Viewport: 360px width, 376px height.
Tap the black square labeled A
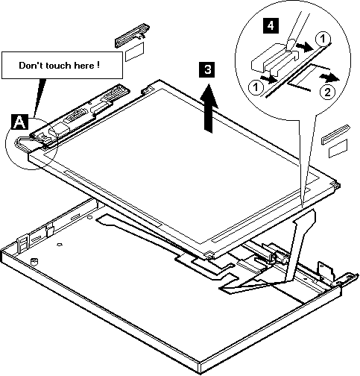[x=20, y=122]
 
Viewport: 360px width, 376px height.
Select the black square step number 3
[x=207, y=69]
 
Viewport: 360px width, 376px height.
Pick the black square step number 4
[x=271, y=25]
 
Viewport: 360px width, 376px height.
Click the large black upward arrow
[x=209, y=107]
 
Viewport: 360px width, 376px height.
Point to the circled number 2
[x=328, y=93]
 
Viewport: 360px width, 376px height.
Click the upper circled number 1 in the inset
[x=323, y=39]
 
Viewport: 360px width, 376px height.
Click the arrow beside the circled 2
[x=329, y=78]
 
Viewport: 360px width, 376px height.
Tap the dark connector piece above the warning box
[x=132, y=35]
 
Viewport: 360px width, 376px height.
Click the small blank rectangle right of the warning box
[x=134, y=51]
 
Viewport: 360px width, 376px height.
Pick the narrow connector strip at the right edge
[x=335, y=134]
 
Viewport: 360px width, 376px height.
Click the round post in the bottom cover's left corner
[x=34, y=261]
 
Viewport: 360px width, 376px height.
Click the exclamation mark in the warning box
[x=98, y=65]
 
